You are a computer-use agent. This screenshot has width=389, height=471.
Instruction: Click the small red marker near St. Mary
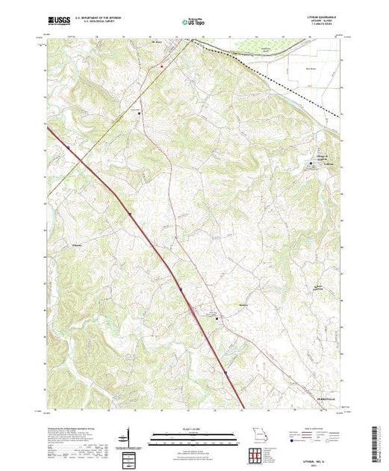tap(161, 67)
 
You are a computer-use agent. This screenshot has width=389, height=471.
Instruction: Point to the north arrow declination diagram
tap(128, 434)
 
